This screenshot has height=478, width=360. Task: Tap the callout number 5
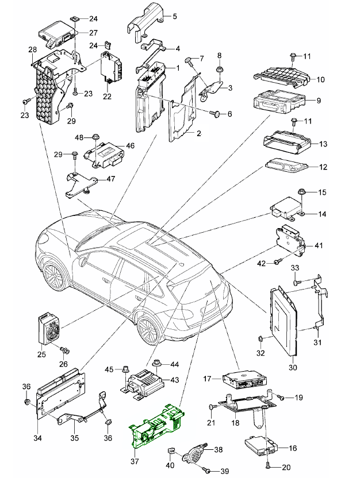175,16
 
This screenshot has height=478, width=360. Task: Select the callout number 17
208,379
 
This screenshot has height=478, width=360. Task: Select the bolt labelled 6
216,114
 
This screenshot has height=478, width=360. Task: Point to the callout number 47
110,179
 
